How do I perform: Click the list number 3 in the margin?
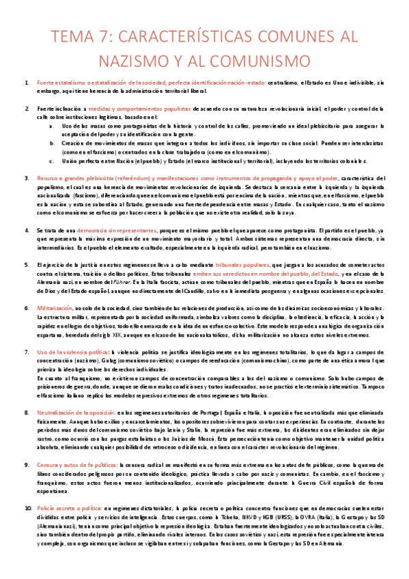[28, 177]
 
